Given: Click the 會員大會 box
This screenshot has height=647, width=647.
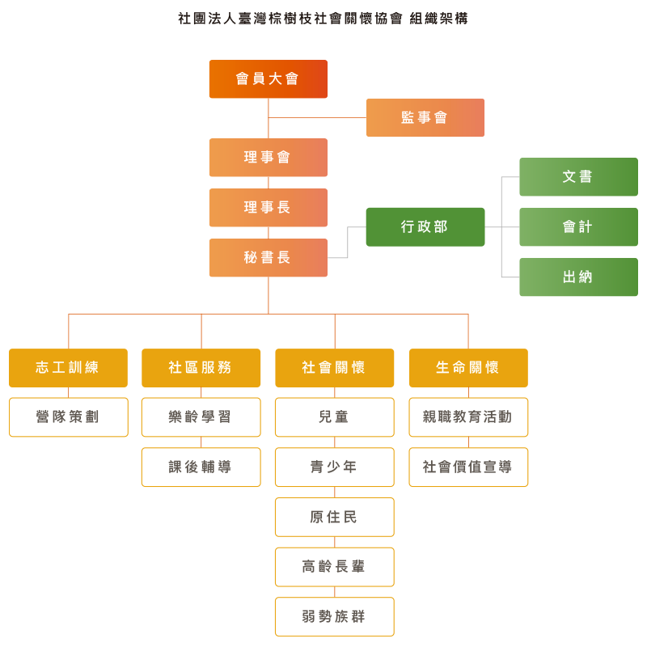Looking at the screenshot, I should (268, 78).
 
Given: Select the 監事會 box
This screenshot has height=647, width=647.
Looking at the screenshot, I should (425, 117).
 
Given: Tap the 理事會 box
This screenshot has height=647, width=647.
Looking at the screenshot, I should (268, 158).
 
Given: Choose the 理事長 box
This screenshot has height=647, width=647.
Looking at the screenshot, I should (268, 208).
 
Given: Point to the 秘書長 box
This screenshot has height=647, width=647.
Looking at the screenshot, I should (268, 258).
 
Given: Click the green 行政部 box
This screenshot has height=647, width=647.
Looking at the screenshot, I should (425, 227).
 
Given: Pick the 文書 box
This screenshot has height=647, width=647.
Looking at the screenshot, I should (577, 176).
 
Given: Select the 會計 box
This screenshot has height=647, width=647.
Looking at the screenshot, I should (577, 227).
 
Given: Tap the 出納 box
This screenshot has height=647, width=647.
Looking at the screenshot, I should (577, 277).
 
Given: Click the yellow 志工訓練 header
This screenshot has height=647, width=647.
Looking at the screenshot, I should (68, 368).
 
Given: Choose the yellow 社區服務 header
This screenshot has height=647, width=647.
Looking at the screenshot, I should (201, 368).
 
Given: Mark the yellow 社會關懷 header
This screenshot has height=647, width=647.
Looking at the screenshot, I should (334, 368).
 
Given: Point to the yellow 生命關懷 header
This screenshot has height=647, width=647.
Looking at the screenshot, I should (468, 368).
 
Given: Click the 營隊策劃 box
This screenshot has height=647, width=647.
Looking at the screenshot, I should (68, 417).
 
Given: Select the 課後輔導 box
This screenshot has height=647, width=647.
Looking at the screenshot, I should (201, 467).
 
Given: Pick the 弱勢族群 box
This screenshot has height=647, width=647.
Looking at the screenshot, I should (334, 617).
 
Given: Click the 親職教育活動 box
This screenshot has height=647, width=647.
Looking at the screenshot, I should (468, 417).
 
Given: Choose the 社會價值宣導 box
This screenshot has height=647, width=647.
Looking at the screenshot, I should (468, 467).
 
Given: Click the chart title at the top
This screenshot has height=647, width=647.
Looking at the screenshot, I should (323, 18).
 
